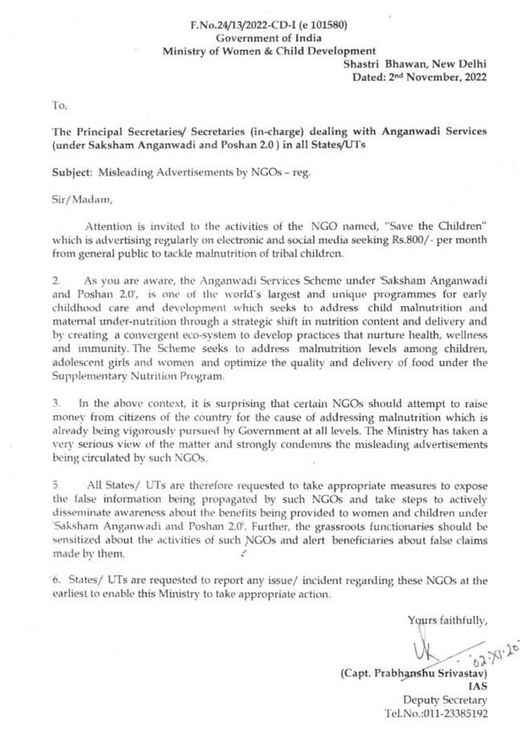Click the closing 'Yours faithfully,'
(446, 620)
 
